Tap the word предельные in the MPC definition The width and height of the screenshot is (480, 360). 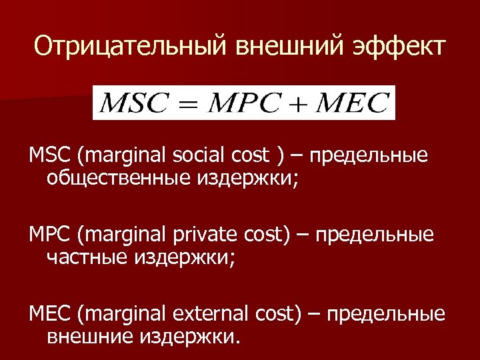374,235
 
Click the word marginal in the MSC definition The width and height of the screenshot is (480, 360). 122,157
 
